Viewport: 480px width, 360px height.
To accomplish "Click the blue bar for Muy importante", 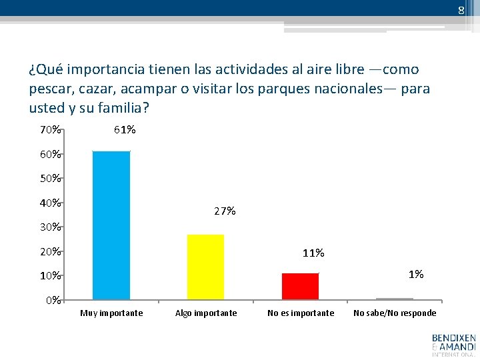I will [x=111, y=225].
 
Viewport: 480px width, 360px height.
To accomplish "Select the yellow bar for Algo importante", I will [x=205, y=267].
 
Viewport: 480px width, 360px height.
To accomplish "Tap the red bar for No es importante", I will [x=300, y=286].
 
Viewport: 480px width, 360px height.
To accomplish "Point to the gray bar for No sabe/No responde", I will [x=395, y=299].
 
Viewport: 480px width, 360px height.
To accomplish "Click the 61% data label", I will [x=125, y=130].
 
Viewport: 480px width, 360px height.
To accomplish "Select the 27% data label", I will [x=225, y=211].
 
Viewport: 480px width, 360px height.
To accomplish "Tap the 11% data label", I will [x=313, y=253].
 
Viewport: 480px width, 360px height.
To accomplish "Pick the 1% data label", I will [x=416, y=274].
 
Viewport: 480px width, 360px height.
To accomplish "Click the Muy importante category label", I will [x=111, y=313].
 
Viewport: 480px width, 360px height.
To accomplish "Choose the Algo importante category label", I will [x=205, y=313].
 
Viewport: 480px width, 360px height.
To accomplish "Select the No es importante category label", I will [x=301, y=313].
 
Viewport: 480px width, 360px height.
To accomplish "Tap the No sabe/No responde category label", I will [x=395, y=313].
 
